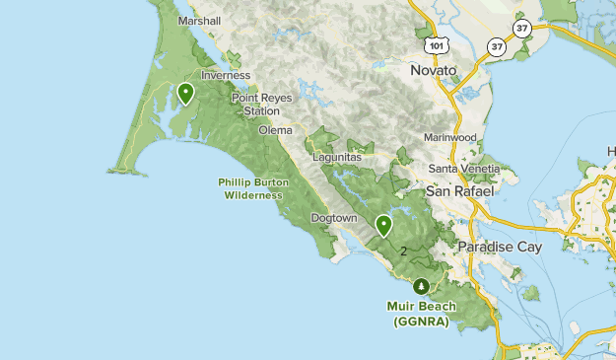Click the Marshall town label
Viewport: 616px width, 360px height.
[198, 20]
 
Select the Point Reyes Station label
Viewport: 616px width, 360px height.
[255, 105]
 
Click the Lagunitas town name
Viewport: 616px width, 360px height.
[337, 157]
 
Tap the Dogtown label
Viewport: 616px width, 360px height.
[333, 217]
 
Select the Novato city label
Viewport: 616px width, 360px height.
[434, 71]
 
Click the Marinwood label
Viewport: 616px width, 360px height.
[450, 137]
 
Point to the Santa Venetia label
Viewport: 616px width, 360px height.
[471, 169]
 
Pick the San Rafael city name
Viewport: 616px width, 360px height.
[460, 189]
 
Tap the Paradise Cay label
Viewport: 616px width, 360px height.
[501, 247]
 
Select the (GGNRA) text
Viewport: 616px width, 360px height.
[421, 322]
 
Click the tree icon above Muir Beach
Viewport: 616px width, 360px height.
[422, 286]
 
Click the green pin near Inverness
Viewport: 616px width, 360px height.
[185, 93]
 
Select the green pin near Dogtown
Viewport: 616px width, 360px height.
[383, 225]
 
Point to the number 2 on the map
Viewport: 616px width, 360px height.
[403, 252]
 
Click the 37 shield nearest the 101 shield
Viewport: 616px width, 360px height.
[497, 46]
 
